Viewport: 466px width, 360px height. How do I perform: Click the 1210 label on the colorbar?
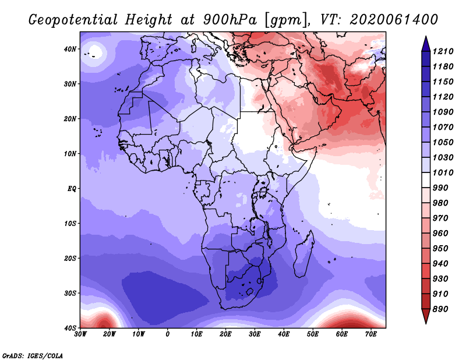tap(443, 51)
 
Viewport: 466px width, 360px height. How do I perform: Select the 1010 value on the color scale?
tap(443, 172)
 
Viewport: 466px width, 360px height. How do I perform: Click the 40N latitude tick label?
tap(70, 49)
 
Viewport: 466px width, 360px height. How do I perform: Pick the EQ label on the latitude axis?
tap(72, 189)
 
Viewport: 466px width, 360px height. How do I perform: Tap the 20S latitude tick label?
tap(70, 258)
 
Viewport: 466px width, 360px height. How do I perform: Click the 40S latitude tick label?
tap(70, 328)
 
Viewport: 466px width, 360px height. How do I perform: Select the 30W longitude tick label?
tap(80, 334)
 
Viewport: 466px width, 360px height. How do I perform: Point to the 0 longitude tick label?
tap(168, 334)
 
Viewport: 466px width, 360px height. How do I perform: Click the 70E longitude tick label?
tap(371, 334)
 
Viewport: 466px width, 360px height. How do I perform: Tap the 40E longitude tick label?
tap(284, 334)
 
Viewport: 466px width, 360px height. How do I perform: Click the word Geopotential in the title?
tap(73, 20)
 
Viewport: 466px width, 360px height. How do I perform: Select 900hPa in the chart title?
tap(230, 20)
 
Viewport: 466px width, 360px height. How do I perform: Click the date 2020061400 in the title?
tap(394, 19)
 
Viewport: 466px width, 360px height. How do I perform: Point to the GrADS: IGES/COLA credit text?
tap(33, 355)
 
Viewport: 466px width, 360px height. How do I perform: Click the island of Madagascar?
tap(303, 254)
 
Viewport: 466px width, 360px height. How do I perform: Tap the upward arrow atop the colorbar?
tap(426, 44)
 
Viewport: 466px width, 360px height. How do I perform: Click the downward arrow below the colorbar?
tap(426, 316)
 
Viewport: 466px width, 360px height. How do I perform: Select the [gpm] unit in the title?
tap(285, 20)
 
